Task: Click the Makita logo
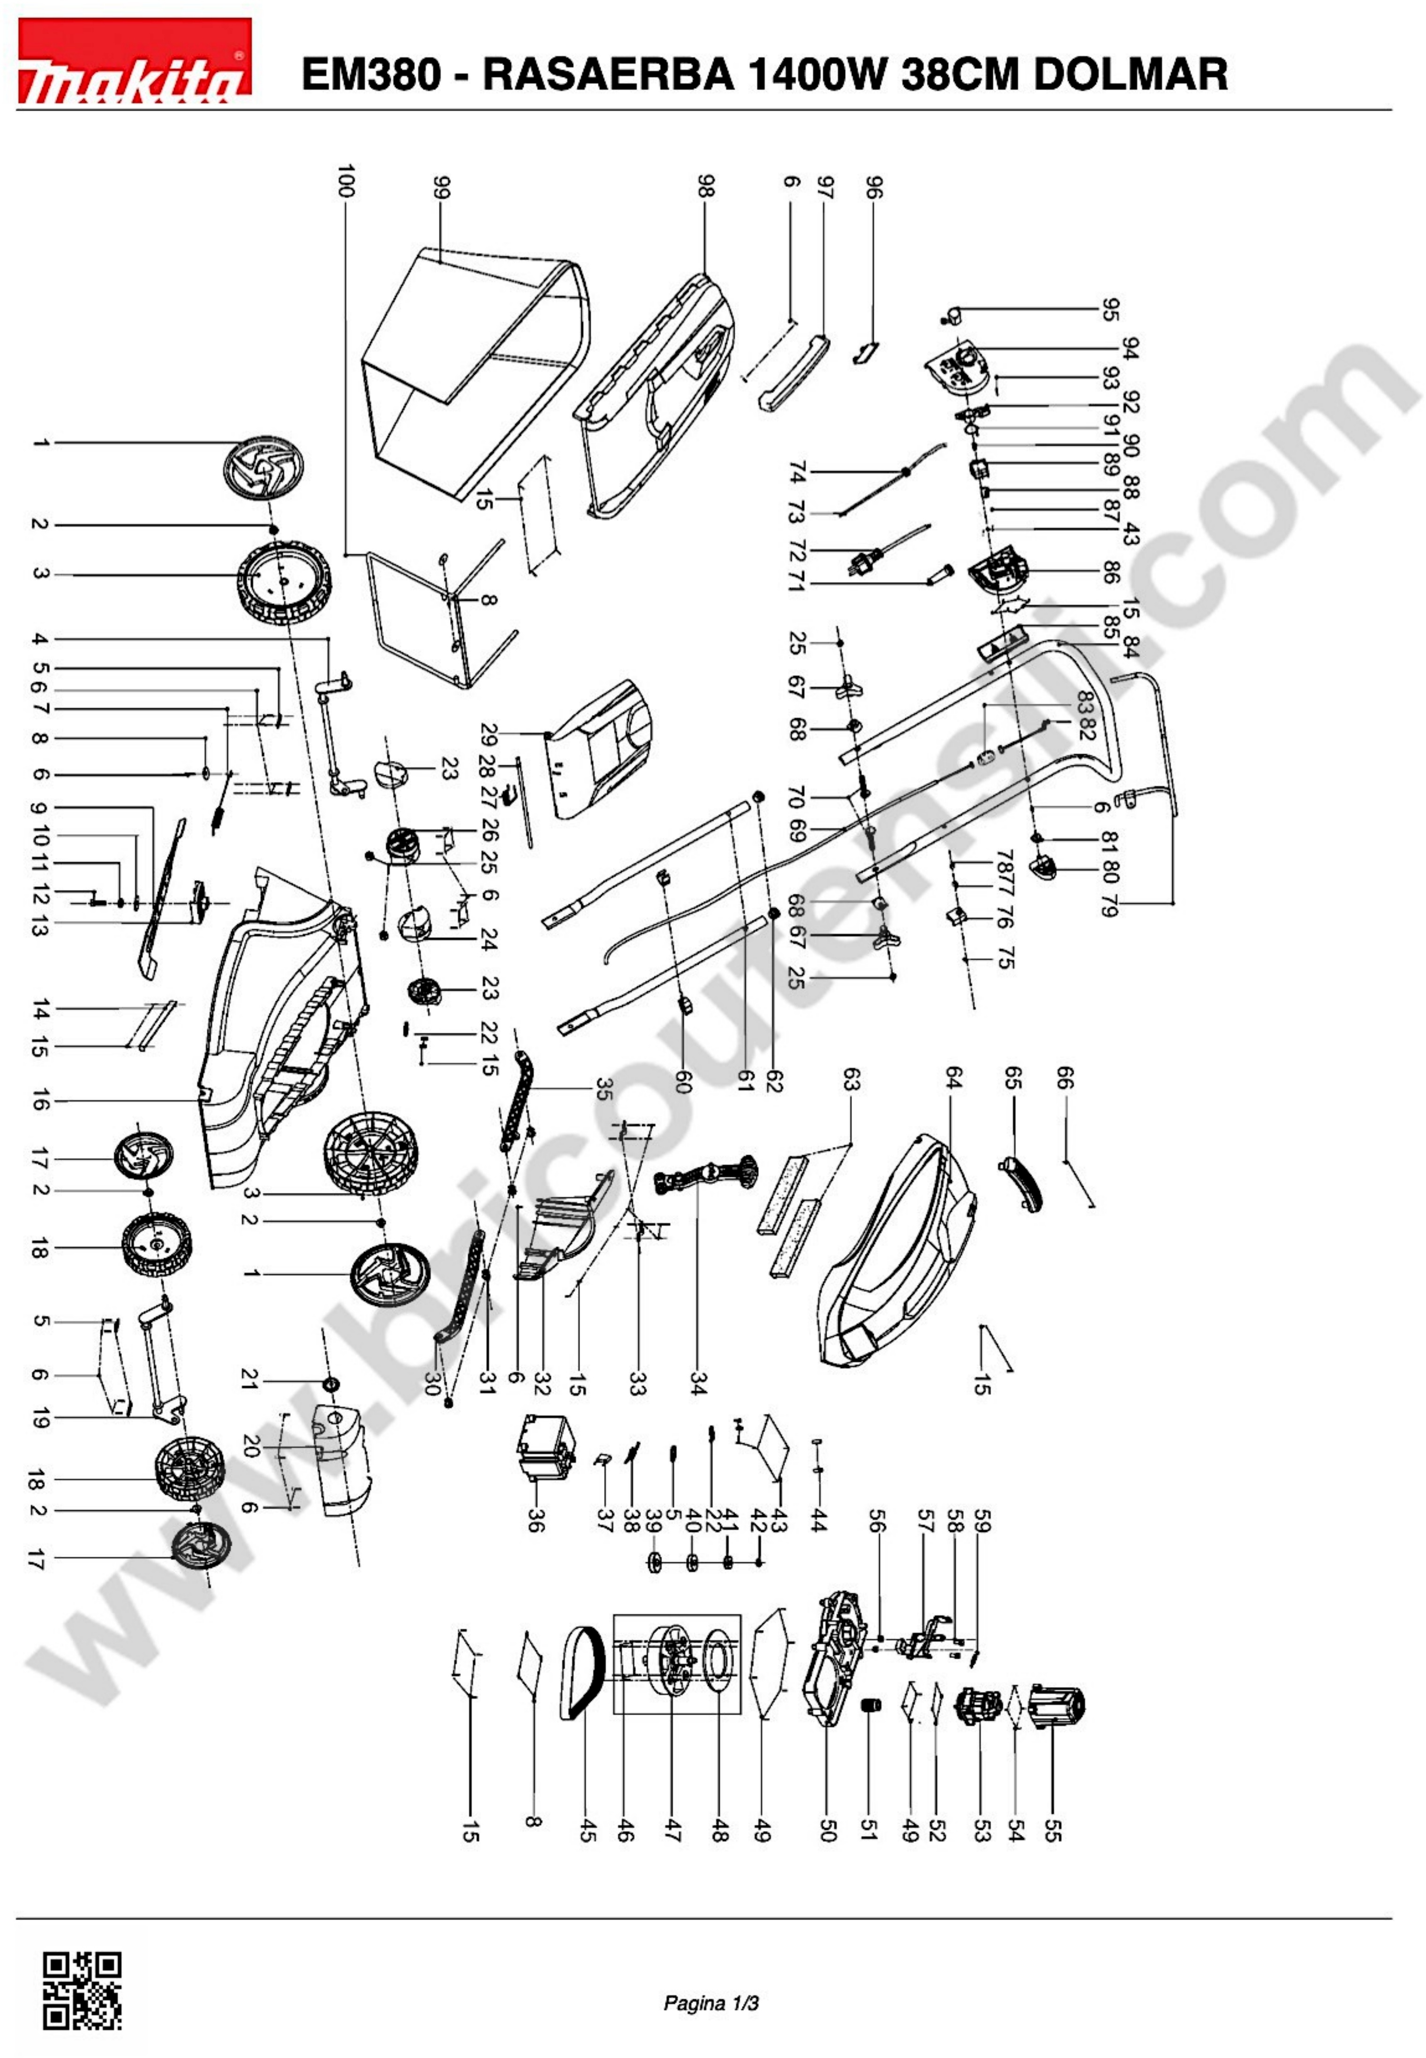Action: coord(134,61)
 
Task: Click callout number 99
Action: coord(440,188)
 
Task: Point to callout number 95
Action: coord(1109,310)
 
